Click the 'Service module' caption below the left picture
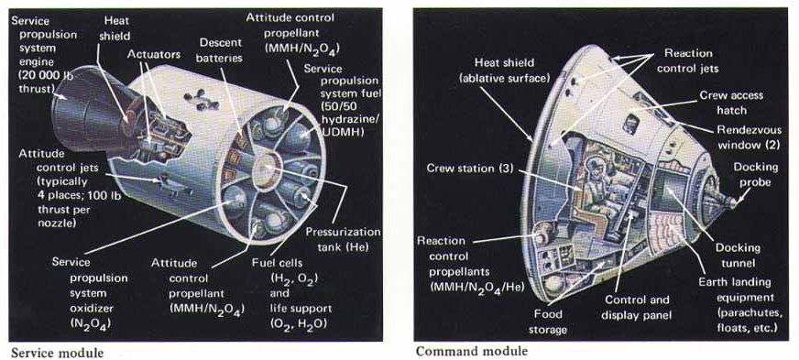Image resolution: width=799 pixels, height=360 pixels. pos(57,353)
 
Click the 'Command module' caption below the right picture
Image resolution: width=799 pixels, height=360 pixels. pos(472,351)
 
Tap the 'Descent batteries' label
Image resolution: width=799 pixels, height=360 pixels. pos(221,49)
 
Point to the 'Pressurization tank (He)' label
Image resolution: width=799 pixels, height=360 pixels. pos(343,240)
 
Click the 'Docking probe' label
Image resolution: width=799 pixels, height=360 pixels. pos(756,175)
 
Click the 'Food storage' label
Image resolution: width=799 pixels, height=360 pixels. pos(547,322)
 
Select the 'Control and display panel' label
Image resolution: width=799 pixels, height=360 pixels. pos(635,307)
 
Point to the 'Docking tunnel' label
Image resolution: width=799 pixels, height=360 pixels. pos(738,255)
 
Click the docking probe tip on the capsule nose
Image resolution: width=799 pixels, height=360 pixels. pos(734,202)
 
